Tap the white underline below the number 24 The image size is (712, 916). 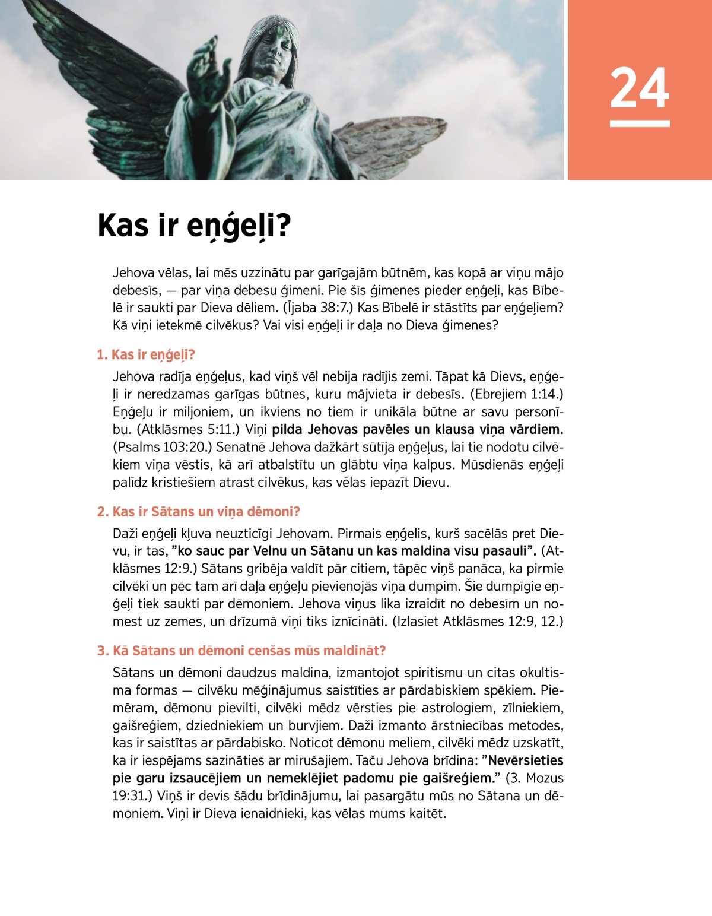coord(640,123)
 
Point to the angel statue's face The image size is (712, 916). coord(274,47)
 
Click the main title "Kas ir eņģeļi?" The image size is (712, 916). coord(194,226)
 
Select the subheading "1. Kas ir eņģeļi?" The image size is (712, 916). coord(146,355)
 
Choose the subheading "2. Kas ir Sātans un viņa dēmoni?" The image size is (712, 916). coord(199,512)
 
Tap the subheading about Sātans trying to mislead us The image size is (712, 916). coord(241,651)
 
